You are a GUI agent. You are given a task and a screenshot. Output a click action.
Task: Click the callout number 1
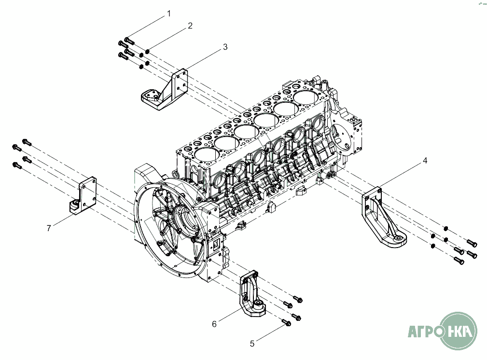click(169, 14)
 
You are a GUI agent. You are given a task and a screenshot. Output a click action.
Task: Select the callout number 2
click(190, 26)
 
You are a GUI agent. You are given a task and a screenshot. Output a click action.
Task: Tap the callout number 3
click(225, 47)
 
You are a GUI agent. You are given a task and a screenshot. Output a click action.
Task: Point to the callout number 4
click(425, 161)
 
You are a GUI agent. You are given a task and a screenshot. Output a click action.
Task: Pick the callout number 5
click(252, 344)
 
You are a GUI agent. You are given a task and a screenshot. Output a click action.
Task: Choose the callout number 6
click(214, 324)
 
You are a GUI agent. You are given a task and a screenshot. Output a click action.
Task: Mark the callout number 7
click(49, 228)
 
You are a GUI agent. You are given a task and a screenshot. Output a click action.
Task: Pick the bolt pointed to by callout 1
click(129, 40)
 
